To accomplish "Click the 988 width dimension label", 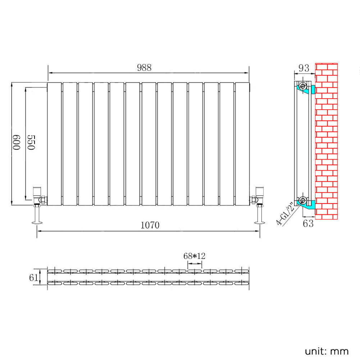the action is point(144,68).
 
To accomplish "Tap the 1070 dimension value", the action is point(150,225).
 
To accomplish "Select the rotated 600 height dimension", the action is point(16,142).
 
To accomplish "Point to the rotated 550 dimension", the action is point(31,142).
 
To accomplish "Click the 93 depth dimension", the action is point(304,68).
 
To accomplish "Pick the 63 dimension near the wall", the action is point(308,223).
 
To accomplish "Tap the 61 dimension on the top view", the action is point(33,278).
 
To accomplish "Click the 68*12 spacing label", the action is point(194,256).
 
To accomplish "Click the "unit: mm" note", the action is point(327,351).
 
